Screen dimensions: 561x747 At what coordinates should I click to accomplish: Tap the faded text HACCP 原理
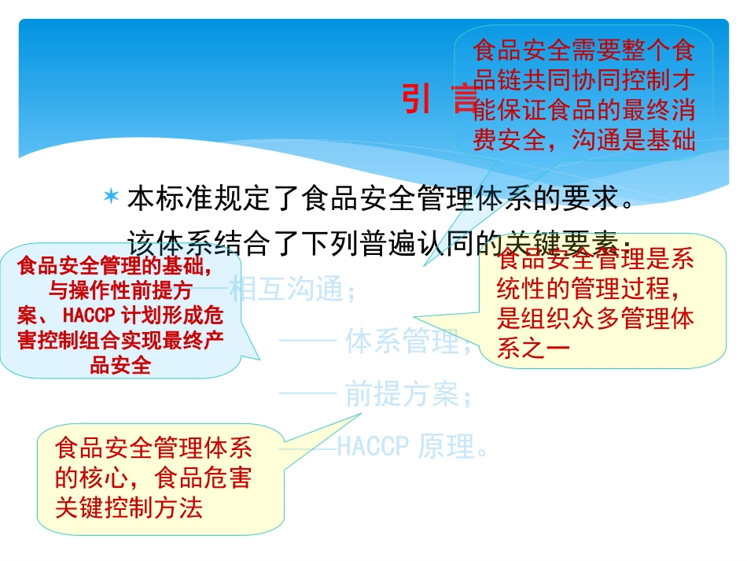click(x=414, y=447)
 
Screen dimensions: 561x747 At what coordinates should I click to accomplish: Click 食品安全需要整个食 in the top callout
click(x=583, y=52)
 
